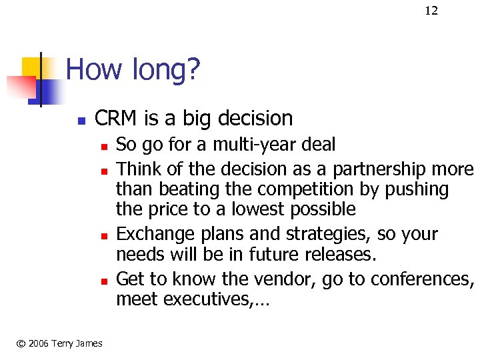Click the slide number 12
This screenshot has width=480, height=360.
tap(431, 10)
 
